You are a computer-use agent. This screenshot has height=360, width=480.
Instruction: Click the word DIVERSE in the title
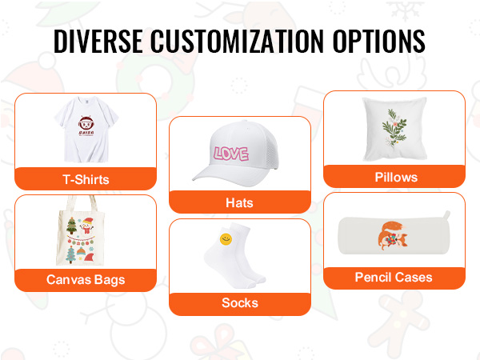[x=98, y=42]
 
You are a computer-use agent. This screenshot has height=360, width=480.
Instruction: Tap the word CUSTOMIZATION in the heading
[x=237, y=42]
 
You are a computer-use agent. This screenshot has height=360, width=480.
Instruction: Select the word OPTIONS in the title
[x=379, y=42]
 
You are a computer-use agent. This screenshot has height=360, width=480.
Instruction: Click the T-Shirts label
[x=86, y=180]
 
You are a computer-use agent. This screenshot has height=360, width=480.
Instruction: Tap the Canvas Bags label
[x=86, y=280]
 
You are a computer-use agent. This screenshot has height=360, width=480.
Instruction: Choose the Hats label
[x=239, y=203]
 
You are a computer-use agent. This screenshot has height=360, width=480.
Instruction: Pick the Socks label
[x=240, y=302]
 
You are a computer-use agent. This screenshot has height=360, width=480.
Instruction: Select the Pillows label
[x=396, y=178]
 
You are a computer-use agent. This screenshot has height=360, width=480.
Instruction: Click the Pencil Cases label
[x=394, y=278]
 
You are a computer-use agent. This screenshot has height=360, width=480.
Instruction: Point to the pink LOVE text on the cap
[x=231, y=154]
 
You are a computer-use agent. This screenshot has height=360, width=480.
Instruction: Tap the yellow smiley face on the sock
[x=226, y=239]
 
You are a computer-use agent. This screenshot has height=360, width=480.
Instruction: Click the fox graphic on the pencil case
[x=392, y=236]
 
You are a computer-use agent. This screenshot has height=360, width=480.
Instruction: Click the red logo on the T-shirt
[x=86, y=126]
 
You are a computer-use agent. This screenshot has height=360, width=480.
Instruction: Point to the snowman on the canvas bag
[x=86, y=226]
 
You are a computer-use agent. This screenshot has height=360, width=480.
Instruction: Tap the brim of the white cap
[x=214, y=178]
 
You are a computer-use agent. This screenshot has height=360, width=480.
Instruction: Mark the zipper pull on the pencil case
[x=447, y=214]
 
